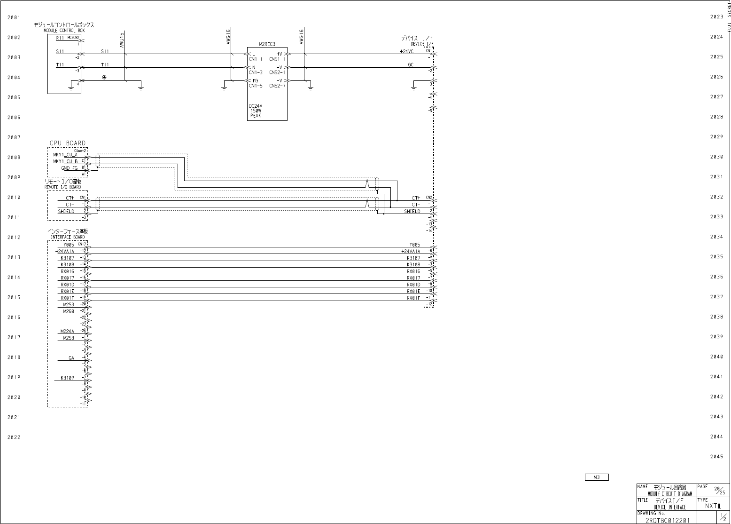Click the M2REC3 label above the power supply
click(x=267, y=44)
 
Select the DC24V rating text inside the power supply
click(x=256, y=106)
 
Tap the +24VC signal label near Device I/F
click(x=406, y=51)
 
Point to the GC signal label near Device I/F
click(x=411, y=64)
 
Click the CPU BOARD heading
click(x=68, y=143)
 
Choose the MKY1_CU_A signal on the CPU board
click(x=65, y=155)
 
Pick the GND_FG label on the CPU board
click(x=69, y=168)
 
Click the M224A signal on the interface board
click(x=67, y=331)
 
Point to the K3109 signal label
click(x=67, y=378)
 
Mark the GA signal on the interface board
click(x=71, y=358)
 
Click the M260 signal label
click(x=69, y=311)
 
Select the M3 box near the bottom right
click(x=597, y=477)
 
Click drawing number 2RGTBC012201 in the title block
click(x=667, y=520)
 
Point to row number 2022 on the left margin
click(x=14, y=437)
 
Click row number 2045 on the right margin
click(x=716, y=457)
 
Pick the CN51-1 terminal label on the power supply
click(x=277, y=59)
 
